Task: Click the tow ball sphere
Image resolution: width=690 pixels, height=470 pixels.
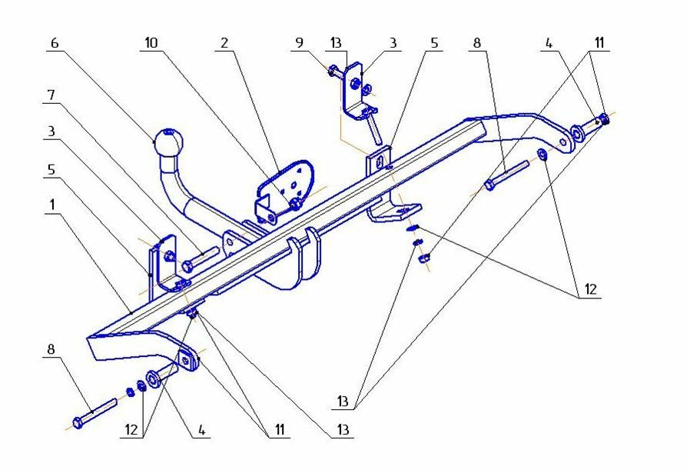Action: (169, 142)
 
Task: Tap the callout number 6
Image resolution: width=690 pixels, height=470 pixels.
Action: (54, 44)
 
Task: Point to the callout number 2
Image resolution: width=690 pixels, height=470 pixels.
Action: (224, 44)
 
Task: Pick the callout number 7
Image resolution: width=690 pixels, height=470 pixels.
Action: (51, 95)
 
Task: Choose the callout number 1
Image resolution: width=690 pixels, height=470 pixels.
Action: (51, 208)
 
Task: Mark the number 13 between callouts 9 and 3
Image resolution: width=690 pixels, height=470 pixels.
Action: (338, 44)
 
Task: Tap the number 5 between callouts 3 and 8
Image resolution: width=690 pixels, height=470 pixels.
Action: (434, 44)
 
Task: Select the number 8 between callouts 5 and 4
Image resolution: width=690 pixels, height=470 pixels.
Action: (476, 44)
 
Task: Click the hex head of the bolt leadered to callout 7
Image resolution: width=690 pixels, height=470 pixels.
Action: (187, 267)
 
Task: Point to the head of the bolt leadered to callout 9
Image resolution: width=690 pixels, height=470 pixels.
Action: (331, 72)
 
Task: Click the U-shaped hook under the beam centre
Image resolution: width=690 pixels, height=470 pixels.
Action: (306, 258)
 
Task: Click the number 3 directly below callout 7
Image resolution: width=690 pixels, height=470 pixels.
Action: (51, 132)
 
